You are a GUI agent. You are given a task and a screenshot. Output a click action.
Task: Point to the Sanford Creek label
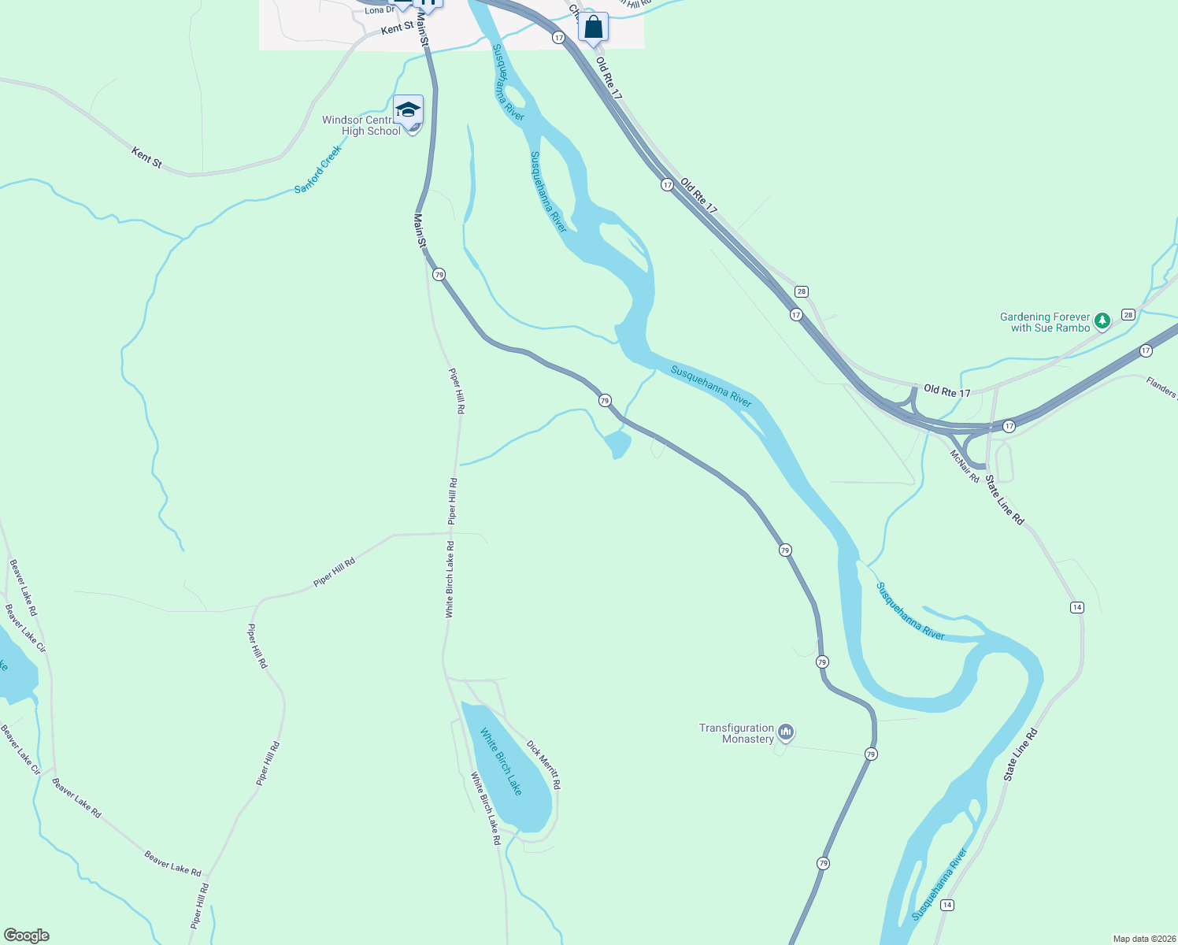(x=318, y=169)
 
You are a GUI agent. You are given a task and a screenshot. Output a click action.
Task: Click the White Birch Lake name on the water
(x=501, y=762)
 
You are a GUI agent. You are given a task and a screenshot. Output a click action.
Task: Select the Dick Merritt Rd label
(x=544, y=765)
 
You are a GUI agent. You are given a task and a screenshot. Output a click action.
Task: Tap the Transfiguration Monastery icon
(x=785, y=733)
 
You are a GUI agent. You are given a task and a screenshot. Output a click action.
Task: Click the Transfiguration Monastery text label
(x=737, y=733)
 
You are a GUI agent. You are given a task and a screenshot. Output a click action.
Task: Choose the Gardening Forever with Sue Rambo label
(x=1045, y=322)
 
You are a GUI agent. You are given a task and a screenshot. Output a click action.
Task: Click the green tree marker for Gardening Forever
(x=1102, y=321)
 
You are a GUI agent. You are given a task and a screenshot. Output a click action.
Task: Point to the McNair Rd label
(x=964, y=466)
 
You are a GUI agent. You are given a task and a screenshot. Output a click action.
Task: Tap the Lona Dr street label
(x=380, y=10)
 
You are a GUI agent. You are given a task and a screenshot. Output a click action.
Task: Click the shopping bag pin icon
(x=593, y=28)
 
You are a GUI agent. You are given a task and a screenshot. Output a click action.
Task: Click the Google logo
(x=27, y=936)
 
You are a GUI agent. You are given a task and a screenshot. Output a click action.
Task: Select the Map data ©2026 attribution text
(x=1143, y=939)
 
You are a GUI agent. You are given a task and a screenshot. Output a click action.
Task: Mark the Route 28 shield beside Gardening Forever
(x=1128, y=315)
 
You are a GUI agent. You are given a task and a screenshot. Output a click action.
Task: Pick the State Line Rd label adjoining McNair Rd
(x=1005, y=501)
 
